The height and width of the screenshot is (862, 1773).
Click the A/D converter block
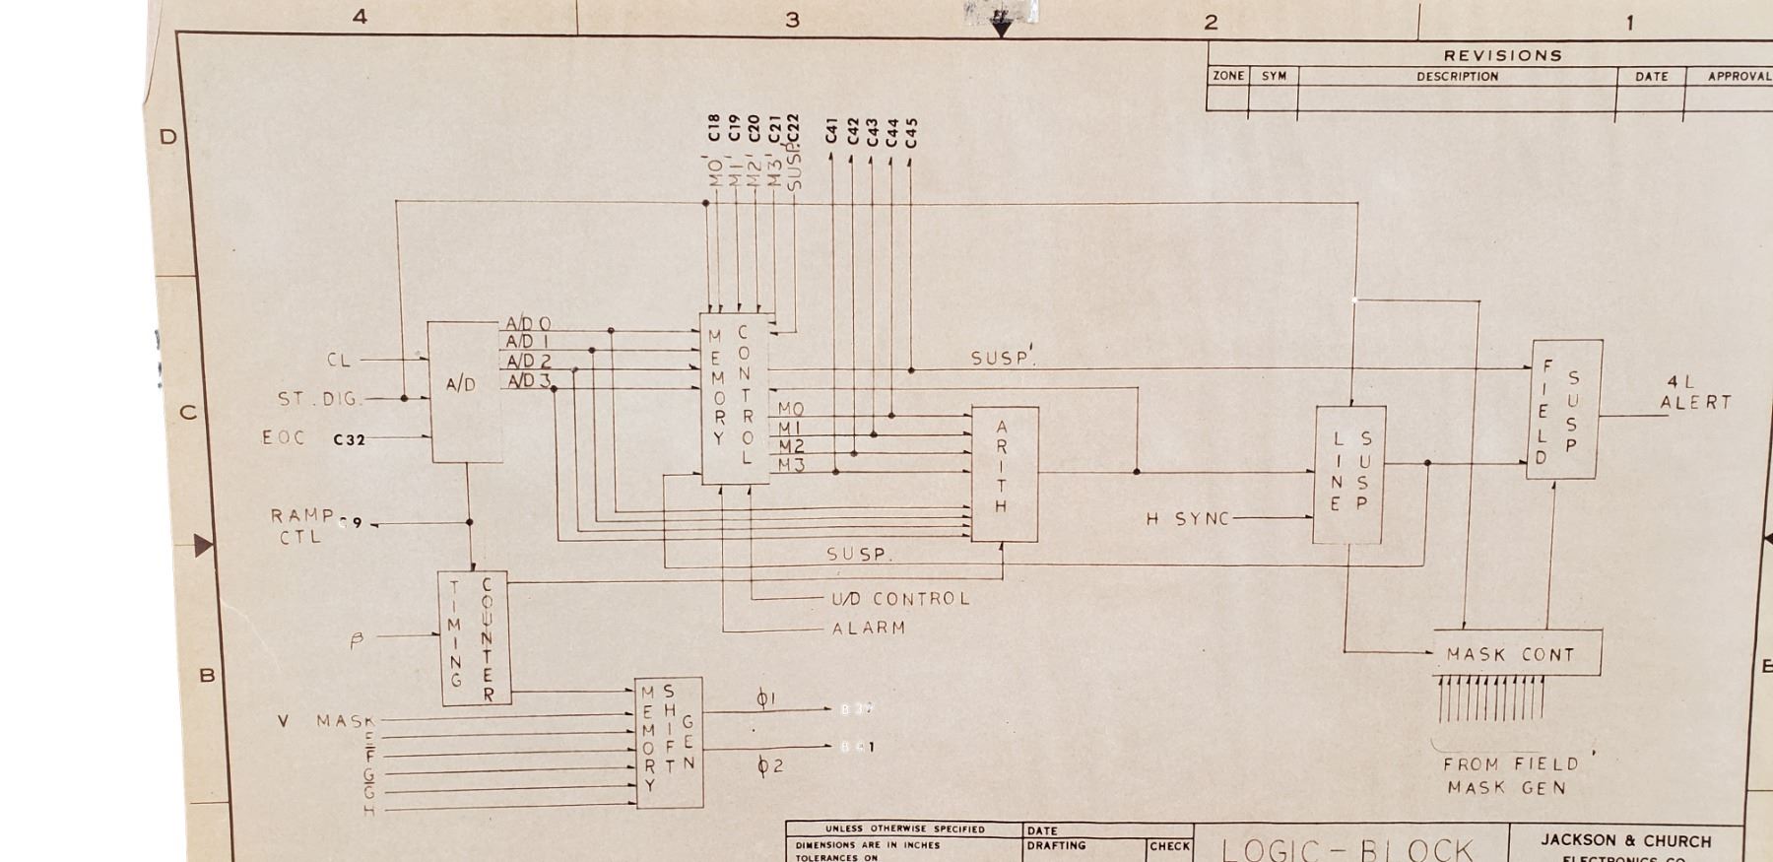click(x=464, y=391)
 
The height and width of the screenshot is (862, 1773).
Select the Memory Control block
click(x=734, y=399)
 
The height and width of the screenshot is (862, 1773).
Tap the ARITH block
click(x=1004, y=474)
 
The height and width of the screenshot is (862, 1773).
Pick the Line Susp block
click(x=1349, y=474)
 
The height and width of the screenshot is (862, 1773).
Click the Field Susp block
click(x=1564, y=409)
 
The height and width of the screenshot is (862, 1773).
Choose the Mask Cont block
click(x=1517, y=654)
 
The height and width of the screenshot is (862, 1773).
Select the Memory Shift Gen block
click(x=669, y=742)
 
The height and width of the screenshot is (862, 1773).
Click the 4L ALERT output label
click(x=1694, y=392)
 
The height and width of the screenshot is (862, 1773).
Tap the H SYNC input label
click(x=1188, y=519)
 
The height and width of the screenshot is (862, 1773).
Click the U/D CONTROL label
click(x=900, y=599)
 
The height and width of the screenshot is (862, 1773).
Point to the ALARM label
click(x=868, y=628)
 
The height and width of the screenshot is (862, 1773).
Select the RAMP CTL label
click(x=301, y=526)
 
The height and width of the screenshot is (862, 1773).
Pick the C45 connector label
click(x=911, y=132)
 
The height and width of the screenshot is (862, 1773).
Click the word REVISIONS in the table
click(x=1502, y=55)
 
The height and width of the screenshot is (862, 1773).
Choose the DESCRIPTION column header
click(x=1457, y=76)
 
